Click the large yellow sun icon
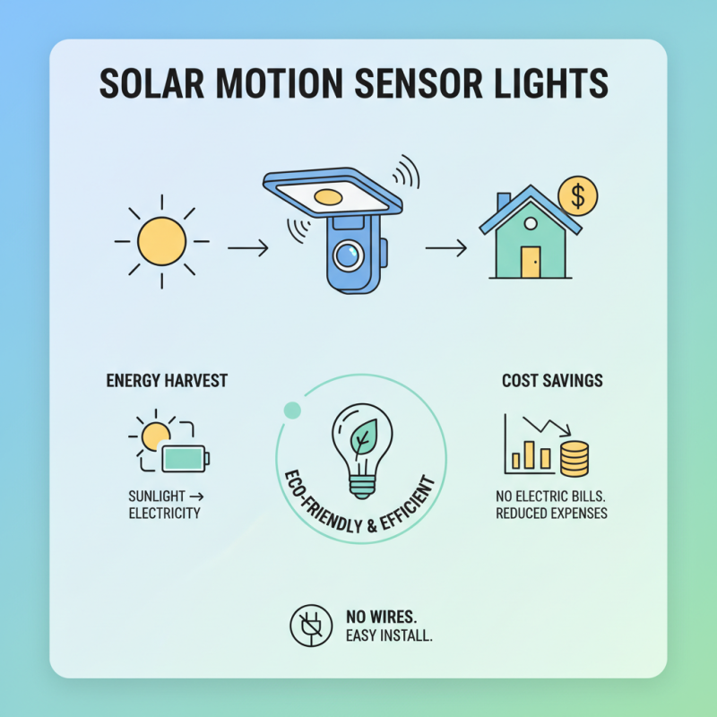161,241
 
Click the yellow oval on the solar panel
329,196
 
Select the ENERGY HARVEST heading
167,381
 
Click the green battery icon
185,458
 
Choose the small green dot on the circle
290,410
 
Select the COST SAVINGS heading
552,381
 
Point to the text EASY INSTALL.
389,636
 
